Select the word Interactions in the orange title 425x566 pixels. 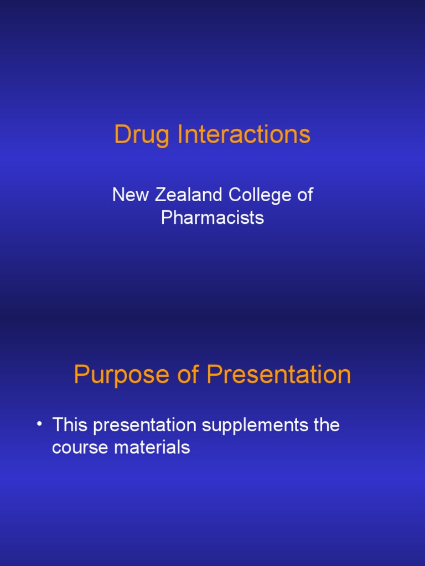(x=244, y=134)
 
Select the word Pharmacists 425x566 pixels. (x=212, y=217)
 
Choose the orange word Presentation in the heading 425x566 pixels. (x=279, y=375)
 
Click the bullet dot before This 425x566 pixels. (x=40, y=424)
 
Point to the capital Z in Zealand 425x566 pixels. (x=160, y=195)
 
